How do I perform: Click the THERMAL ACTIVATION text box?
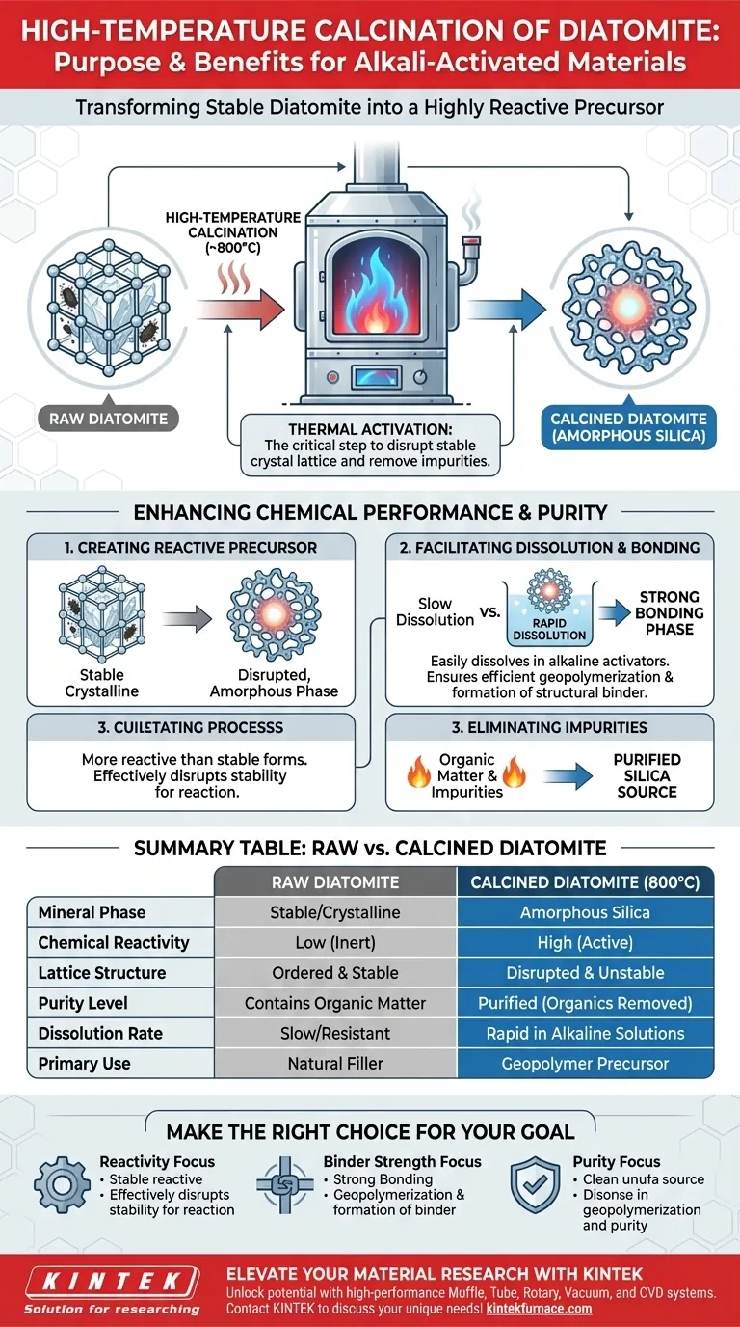click(370, 446)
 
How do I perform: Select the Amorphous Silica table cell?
click(585, 912)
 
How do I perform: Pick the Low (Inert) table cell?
click(335, 942)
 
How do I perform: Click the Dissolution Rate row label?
click(100, 1033)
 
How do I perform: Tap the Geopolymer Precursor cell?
click(585, 1063)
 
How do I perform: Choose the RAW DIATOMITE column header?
click(335, 881)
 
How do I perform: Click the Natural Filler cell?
click(335, 1063)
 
